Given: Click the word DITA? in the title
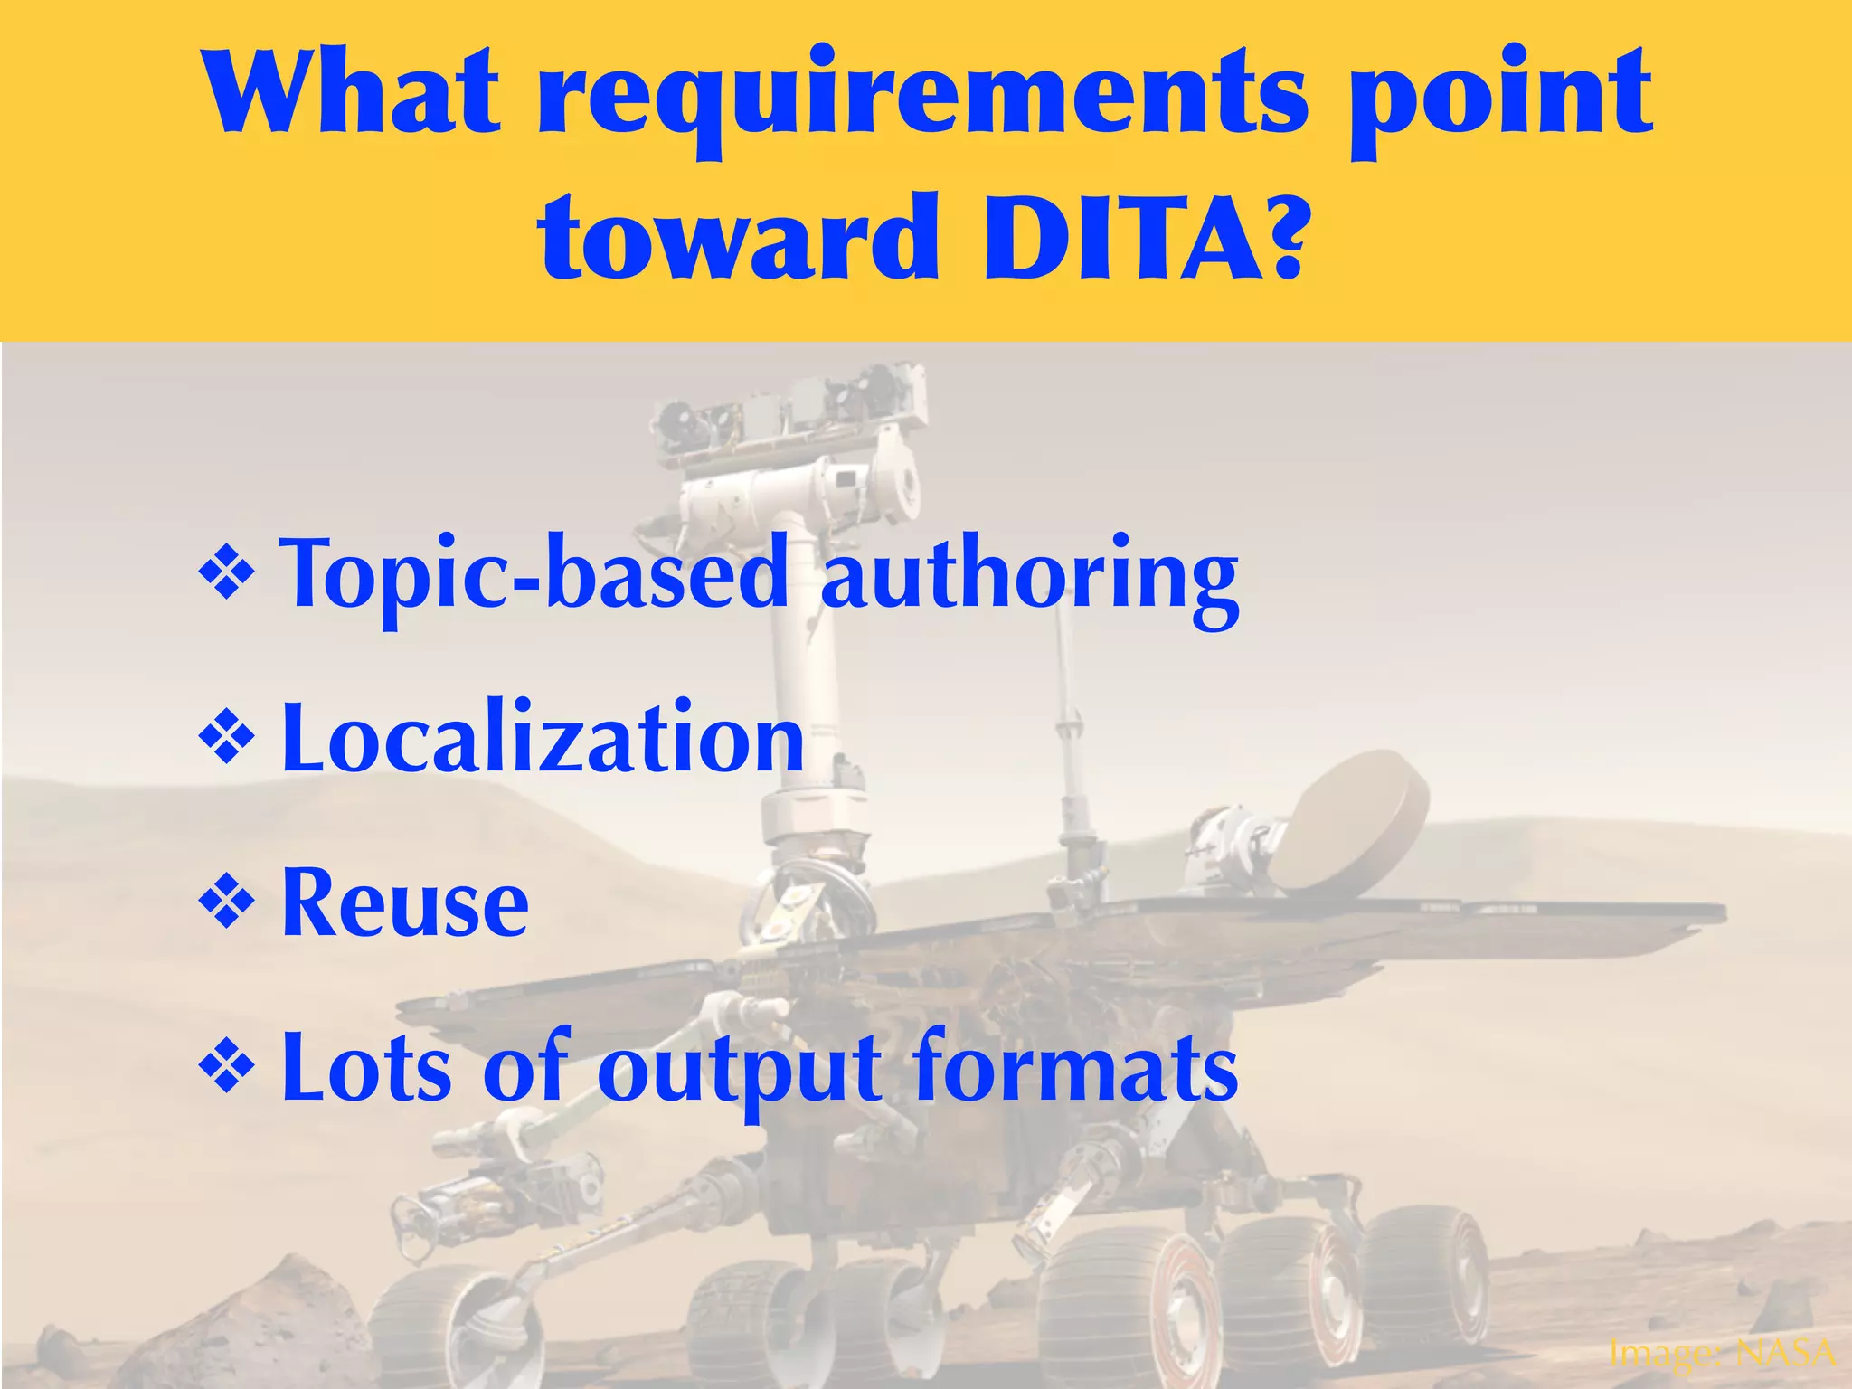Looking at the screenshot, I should (1144, 237).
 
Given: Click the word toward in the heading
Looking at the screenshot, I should (738, 237).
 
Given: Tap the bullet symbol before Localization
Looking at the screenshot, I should (225, 740).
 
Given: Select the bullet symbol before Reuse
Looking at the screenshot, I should (225, 904).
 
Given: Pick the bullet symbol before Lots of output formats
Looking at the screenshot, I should (225, 1068).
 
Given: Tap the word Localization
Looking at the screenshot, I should (543, 740).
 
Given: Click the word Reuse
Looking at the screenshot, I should (405, 904).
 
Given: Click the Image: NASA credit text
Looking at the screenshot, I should (1723, 1353).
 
